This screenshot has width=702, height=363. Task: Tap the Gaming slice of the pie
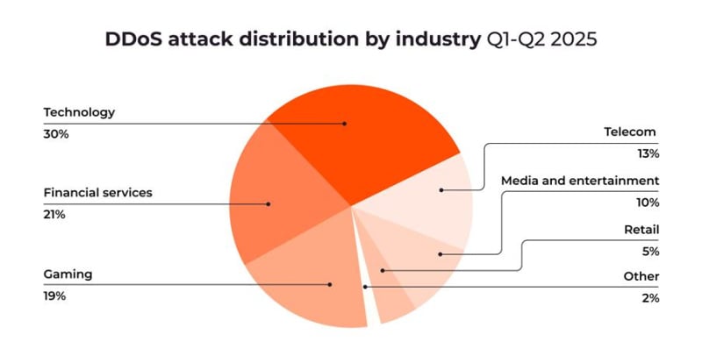point(313,277)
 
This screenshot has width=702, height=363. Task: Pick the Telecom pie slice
point(426,197)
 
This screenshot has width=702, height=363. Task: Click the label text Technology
point(79,112)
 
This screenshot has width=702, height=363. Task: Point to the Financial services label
point(98,193)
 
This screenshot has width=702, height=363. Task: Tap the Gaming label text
point(68,274)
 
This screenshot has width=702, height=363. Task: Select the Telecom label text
point(629,132)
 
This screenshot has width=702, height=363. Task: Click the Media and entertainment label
point(580,181)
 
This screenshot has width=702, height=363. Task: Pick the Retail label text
point(641,230)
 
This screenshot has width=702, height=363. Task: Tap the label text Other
point(641,276)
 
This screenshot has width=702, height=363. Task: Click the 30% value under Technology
point(56,134)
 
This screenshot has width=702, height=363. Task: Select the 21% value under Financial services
point(54,215)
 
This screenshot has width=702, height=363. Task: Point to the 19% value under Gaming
point(54,296)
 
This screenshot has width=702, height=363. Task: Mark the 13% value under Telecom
point(648,154)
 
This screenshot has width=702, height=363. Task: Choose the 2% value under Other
point(650,298)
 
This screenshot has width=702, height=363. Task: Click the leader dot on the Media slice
point(441,254)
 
